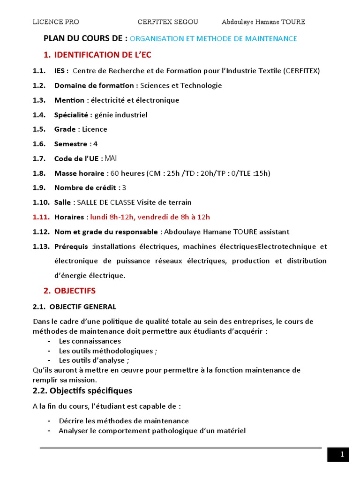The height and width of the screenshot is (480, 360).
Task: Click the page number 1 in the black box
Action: tap(342, 454)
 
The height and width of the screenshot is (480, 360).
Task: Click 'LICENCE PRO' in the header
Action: tap(56, 22)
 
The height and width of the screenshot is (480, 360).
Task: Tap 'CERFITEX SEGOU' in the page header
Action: tap(168, 22)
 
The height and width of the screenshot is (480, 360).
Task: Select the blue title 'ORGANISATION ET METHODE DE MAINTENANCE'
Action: tap(213, 39)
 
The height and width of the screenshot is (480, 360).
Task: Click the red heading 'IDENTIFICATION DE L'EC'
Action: tap(103, 55)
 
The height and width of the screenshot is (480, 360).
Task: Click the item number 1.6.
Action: tap(39, 144)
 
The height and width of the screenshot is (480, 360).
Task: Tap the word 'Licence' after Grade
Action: tap(95, 129)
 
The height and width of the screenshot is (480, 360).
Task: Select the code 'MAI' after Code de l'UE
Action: tap(111, 158)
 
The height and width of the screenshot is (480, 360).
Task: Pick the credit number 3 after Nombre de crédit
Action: tap(124, 188)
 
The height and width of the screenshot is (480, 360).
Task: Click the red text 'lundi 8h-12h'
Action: tap(111, 217)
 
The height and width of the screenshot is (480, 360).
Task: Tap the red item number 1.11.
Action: tap(41, 217)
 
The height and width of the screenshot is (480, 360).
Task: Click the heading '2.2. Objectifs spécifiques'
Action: tap(82, 390)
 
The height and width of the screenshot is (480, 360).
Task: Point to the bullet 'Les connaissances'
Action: tap(90, 341)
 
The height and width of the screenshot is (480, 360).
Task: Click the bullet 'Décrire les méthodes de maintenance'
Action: tap(124, 421)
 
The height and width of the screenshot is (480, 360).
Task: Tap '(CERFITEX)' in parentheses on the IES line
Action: tap(302, 71)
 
